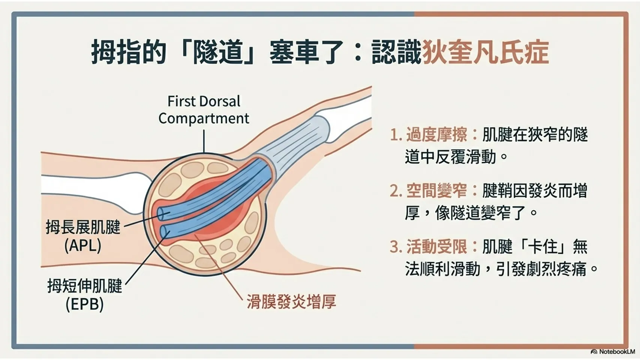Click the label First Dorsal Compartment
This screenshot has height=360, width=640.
pos(204,110)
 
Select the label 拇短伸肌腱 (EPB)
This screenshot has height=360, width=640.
pos(85,294)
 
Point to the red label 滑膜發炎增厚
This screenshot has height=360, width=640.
pos(291,302)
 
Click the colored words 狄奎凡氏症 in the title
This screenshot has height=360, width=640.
pos(485,52)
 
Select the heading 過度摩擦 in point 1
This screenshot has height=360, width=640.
pos(436,134)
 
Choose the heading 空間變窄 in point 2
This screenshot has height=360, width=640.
pos(436,190)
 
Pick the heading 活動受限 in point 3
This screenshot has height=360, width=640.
pos(436,246)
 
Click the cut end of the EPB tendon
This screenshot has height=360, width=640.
pos(164,231)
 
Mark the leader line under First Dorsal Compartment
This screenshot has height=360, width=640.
pos(204,141)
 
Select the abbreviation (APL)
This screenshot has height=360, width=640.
pos(83,245)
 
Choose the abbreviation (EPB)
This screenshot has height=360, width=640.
pos(85,304)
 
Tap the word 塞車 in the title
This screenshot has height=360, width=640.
pos(294,52)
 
